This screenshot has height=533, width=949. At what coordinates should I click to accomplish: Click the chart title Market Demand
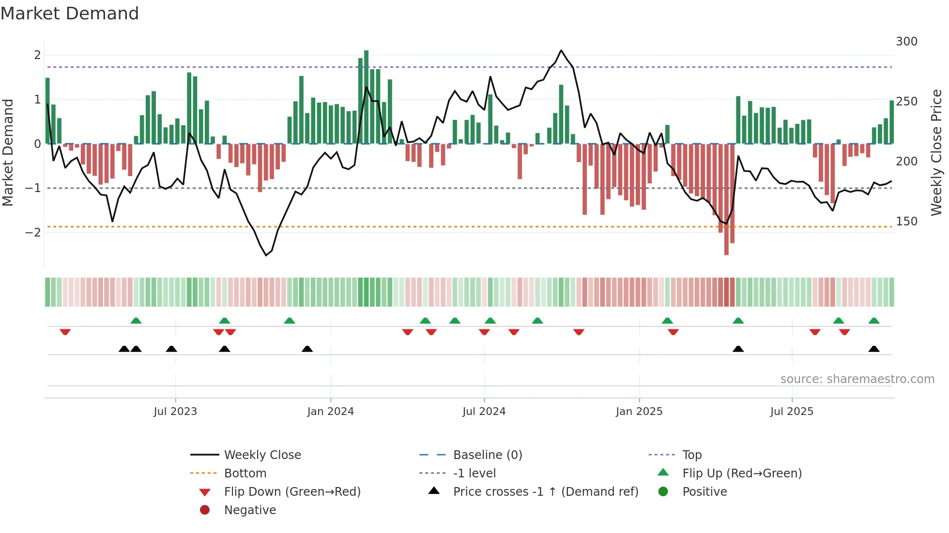(x=70, y=13)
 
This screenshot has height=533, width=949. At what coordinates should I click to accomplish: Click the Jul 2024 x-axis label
(x=484, y=412)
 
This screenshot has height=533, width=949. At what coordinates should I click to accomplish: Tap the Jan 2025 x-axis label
(x=639, y=412)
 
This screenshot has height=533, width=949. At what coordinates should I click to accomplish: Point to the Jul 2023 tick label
(x=175, y=412)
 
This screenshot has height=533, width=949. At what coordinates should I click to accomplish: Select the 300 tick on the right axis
(x=906, y=42)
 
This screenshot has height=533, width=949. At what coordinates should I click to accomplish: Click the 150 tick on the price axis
(x=906, y=222)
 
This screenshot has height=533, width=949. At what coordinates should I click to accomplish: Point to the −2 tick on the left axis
(x=33, y=233)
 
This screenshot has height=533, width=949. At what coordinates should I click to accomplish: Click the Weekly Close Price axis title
(x=936, y=152)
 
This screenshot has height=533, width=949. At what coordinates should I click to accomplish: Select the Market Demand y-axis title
(x=8, y=152)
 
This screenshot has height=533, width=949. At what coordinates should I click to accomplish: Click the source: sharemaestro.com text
(x=857, y=379)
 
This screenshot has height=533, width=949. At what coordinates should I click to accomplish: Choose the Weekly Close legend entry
(x=262, y=455)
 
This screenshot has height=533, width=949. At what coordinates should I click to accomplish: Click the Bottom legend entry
(x=245, y=474)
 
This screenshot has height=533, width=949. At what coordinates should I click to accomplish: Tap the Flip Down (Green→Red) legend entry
(x=292, y=492)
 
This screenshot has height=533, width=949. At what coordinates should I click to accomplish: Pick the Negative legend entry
(x=250, y=510)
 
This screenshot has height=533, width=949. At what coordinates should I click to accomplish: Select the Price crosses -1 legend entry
(x=545, y=492)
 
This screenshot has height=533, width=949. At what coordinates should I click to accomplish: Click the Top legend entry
(x=692, y=455)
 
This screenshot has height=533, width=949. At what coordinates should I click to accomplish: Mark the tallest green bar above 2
(x=366, y=97)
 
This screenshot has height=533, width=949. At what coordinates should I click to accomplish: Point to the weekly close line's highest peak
(x=561, y=50)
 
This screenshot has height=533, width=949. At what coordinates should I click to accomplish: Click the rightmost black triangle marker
(x=874, y=349)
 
